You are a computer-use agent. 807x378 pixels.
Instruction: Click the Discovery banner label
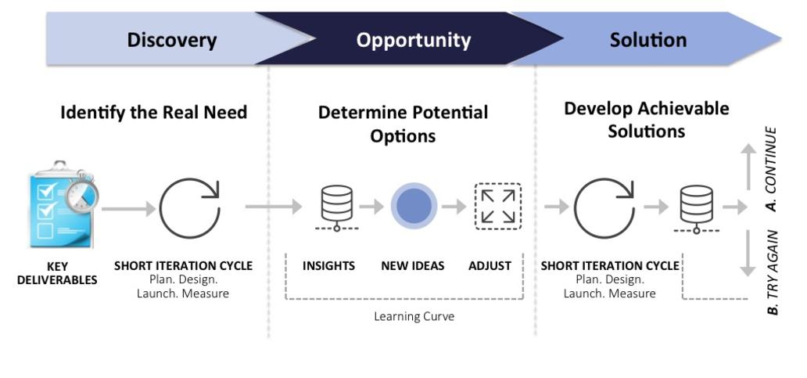(172, 40)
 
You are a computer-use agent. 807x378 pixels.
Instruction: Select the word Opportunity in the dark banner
(414, 40)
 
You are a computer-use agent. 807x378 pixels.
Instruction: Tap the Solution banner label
(648, 40)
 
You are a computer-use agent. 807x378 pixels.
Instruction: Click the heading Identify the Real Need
(154, 112)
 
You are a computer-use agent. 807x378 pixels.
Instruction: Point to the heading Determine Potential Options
(403, 124)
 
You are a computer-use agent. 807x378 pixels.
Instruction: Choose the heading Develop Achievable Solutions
(647, 120)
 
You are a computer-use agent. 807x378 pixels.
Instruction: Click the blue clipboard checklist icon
(63, 204)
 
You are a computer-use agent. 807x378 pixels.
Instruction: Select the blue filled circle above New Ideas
(414, 206)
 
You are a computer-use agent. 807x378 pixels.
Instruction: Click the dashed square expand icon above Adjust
(497, 207)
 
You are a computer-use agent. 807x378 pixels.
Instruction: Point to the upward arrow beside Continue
(749, 167)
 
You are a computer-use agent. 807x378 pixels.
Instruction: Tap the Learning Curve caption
(414, 316)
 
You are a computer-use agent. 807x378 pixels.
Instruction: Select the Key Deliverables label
(57, 273)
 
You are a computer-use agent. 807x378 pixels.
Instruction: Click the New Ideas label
(412, 266)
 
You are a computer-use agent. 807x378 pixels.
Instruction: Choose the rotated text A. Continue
(770, 169)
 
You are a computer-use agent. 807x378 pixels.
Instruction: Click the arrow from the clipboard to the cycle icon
(129, 209)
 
